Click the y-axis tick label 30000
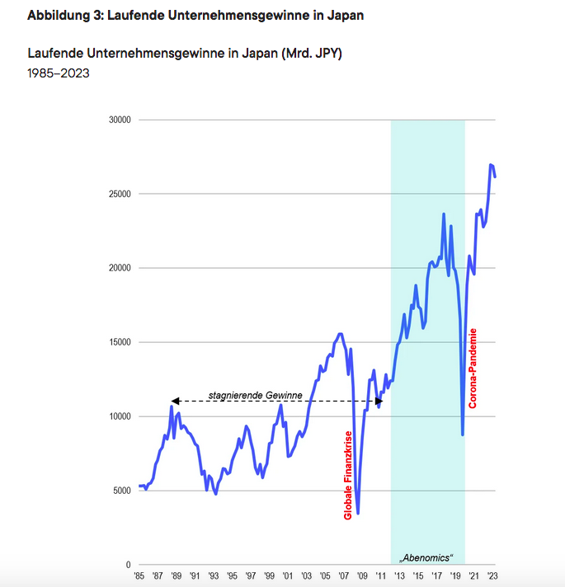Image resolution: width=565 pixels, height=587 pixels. [120, 120]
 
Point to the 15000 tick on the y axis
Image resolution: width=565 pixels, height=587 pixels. [120, 342]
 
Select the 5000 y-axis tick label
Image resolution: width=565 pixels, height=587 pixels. [123, 491]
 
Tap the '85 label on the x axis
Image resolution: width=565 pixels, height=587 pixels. [140, 576]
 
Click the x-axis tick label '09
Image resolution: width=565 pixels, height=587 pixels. [362, 576]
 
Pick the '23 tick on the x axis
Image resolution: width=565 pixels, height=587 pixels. [493, 576]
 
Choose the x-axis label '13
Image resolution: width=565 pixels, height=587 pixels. [399, 576]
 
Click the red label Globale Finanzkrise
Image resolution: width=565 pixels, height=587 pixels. [348, 475]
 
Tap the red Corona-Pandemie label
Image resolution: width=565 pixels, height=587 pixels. [473, 368]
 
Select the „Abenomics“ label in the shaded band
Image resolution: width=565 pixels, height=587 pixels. [427, 557]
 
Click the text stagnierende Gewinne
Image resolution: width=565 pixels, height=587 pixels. [255, 395]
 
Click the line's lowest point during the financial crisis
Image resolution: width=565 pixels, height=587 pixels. [358, 513]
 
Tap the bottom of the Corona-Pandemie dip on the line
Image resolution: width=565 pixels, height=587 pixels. [463, 434]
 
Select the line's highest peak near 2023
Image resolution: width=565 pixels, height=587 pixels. [491, 165]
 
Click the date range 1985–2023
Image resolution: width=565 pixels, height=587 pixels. [58, 73]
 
